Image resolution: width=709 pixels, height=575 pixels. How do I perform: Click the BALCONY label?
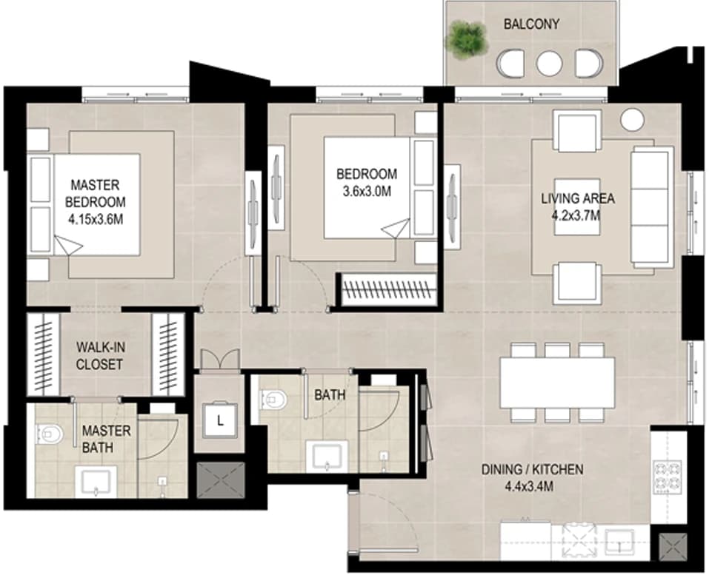(531, 24)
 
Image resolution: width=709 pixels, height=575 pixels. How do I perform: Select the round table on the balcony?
(550, 63)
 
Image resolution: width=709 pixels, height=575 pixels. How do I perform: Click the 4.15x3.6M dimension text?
(96, 220)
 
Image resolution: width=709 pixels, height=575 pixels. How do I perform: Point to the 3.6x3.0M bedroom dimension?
(367, 192)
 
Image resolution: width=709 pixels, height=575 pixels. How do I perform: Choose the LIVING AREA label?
(577, 198)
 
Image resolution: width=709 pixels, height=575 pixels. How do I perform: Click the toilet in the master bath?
(49, 434)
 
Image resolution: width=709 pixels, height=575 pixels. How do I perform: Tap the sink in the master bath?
(96, 482)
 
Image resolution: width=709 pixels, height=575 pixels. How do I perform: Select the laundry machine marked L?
(220, 420)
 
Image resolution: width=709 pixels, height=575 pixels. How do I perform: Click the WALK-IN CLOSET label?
(100, 355)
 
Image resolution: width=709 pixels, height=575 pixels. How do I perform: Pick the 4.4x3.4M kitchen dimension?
(529, 486)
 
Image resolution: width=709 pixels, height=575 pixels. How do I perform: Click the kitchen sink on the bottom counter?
(620, 541)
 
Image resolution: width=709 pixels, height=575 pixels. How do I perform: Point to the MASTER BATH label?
(106, 439)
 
